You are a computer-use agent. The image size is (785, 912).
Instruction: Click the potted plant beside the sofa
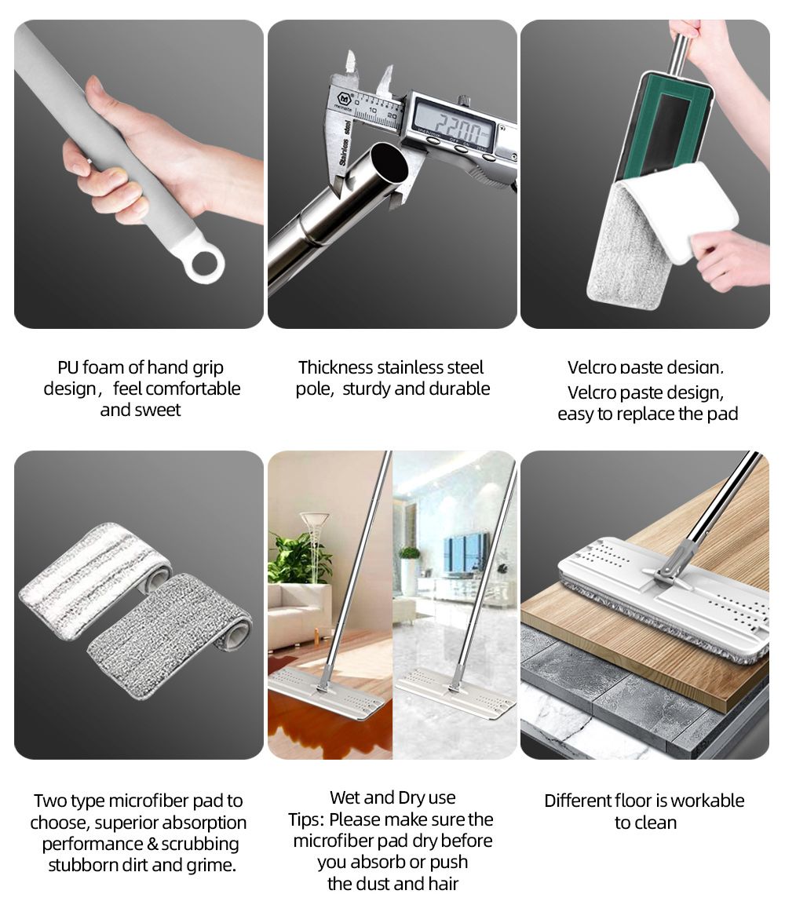(298, 557)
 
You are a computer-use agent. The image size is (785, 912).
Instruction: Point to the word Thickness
(335, 367)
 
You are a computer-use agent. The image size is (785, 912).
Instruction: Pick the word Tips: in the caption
(306, 819)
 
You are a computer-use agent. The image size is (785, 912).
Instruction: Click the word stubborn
(83, 865)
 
